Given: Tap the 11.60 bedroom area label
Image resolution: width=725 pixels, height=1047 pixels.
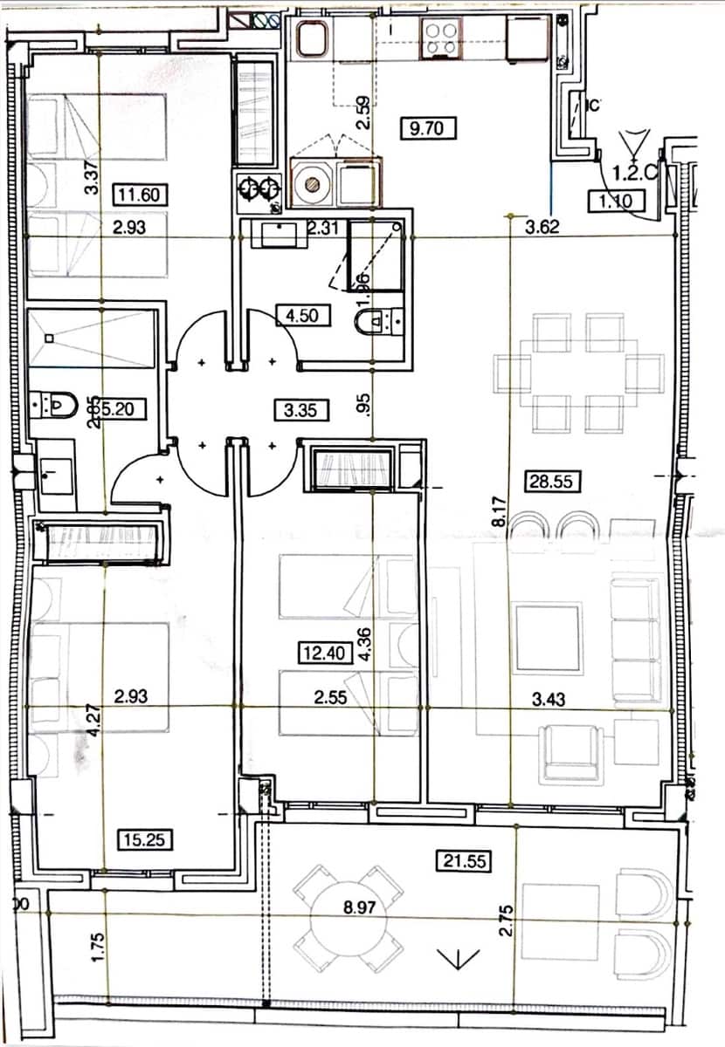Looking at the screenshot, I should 141,194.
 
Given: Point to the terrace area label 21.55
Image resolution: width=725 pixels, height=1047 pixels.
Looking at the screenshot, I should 463,861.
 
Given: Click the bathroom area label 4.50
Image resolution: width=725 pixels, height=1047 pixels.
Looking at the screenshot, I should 301,314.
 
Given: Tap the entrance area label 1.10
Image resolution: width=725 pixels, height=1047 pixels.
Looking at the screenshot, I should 615,202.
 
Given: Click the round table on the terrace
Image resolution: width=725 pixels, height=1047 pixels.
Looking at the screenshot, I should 349,919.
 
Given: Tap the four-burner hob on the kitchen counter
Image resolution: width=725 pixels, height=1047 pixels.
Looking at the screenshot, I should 441,38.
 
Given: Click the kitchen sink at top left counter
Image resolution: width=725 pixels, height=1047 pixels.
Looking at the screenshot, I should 310,38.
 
